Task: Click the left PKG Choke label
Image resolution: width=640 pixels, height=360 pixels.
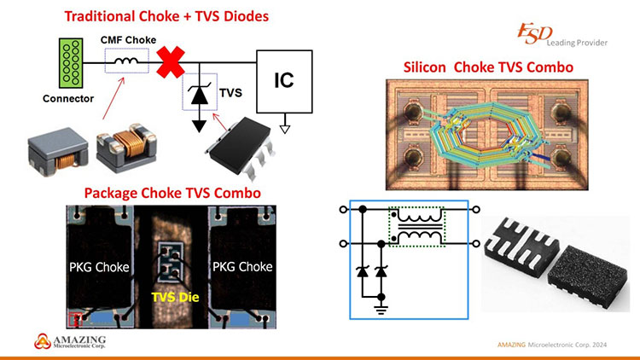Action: tap(100, 267)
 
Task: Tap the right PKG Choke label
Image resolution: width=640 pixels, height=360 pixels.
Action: tap(243, 267)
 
